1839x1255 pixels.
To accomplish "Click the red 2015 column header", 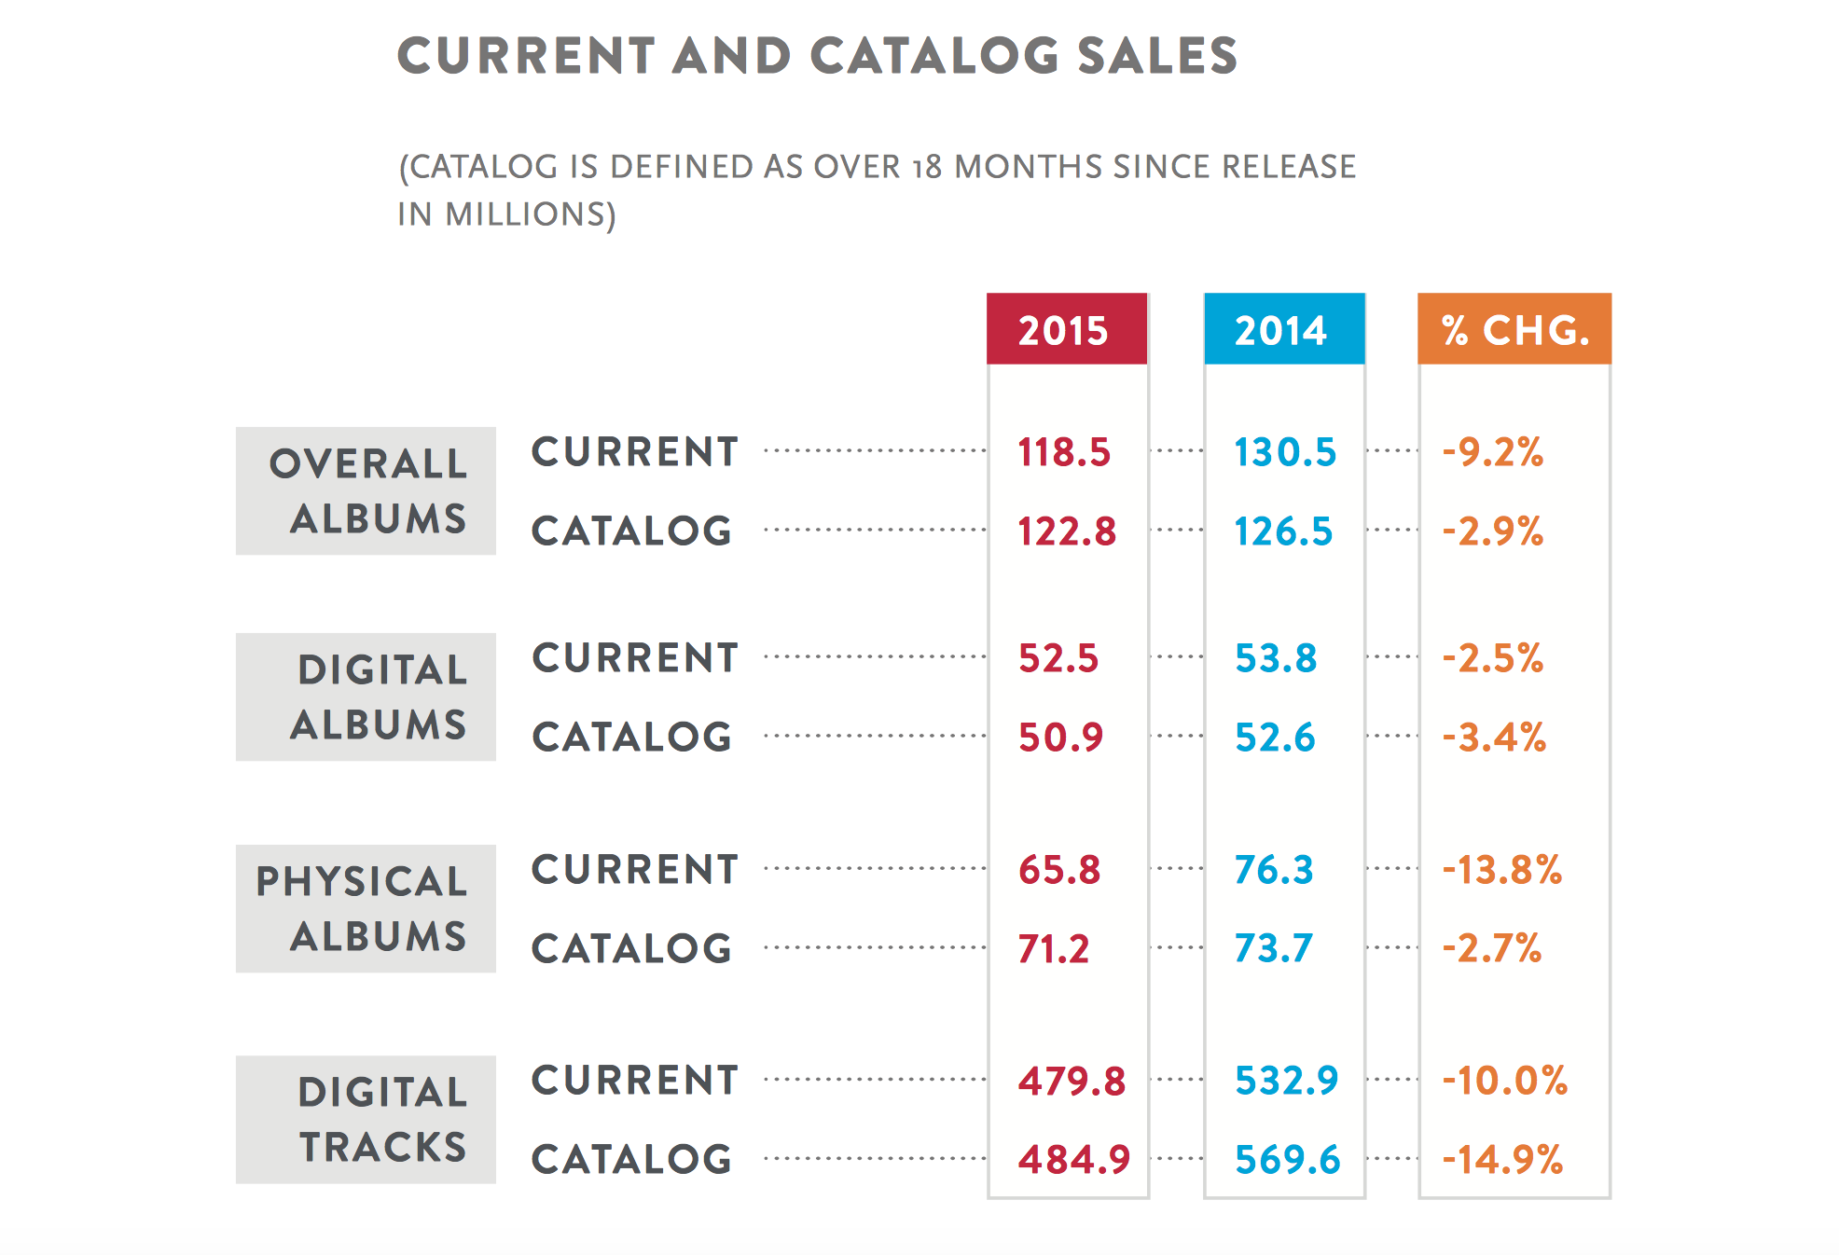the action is pos(1067,329).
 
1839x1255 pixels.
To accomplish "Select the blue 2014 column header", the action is pos(1284,329).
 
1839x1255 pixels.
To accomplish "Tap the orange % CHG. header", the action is pos(1514,329).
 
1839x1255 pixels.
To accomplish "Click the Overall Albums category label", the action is pos(366,491).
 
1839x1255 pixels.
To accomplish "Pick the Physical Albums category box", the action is pos(366,909).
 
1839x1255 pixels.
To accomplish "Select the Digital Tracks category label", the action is pos(366,1120).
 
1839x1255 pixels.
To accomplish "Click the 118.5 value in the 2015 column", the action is pos(1064,452).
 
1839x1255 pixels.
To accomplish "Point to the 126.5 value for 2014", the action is pos(1284,531).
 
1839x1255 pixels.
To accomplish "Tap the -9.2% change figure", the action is pos(1493,452).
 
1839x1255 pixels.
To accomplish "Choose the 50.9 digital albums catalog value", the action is pos(1061,738).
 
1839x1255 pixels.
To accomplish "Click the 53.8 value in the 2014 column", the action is pos(1276,658).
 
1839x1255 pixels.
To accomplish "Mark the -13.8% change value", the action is pos(1502,870).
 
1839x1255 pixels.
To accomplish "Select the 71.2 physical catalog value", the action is pos(1054,949).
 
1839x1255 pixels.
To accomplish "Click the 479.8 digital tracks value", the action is pos(1072,1082).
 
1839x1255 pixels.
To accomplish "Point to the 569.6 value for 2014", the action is pos(1288,1160).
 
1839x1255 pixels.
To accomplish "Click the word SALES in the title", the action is pos(1157,55).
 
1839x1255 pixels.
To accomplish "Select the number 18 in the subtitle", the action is pos(928,167).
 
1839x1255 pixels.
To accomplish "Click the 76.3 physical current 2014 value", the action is pos(1274,870).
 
